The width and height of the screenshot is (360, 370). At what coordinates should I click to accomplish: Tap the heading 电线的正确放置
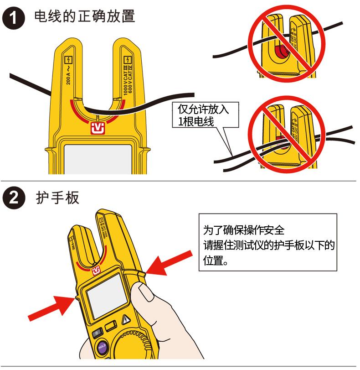(85, 17)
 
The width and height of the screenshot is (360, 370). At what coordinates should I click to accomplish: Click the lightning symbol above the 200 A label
(69, 59)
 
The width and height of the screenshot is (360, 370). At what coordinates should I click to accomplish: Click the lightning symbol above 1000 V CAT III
(129, 59)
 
